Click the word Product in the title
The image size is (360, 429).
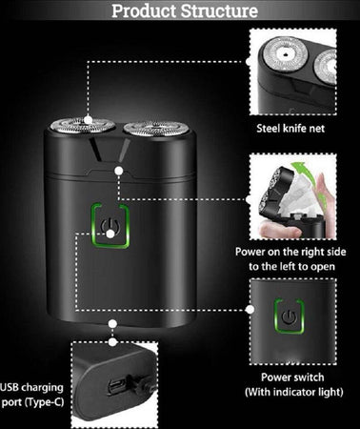coord(145,10)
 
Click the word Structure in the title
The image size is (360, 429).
coord(219,10)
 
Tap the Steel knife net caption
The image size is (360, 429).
coord(290,129)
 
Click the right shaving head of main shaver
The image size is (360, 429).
coord(157,128)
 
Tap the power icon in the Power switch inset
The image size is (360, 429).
coord(290,317)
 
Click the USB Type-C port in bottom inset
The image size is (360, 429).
coord(114,386)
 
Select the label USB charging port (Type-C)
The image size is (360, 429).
coord(32,395)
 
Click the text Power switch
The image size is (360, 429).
coord(292,378)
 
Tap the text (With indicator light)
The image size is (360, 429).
coord(294,392)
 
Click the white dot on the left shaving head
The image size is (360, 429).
coord(89,120)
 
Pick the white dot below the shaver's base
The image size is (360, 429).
coord(112,324)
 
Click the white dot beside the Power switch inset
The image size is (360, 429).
coord(250,309)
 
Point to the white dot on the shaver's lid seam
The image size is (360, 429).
coord(119,171)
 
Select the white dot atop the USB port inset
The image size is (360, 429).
coord(112,342)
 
